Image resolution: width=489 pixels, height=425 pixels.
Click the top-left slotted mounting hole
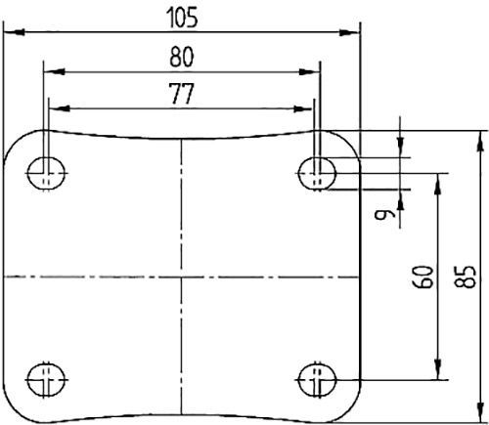tap(45, 174)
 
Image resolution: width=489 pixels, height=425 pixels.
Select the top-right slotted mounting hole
tap(318, 174)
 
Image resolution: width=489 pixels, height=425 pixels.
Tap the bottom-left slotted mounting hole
tap(45, 376)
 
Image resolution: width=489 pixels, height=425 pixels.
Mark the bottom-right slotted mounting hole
tap(318, 376)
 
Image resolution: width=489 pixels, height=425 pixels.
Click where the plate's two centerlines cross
tap(182, 277)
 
